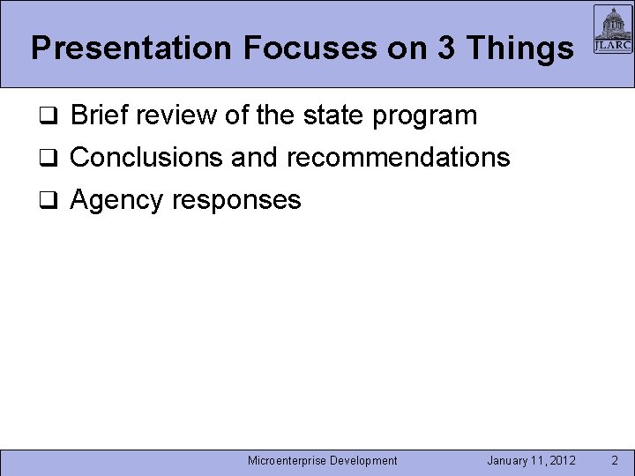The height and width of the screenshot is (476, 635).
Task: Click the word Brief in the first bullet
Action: (99, 115)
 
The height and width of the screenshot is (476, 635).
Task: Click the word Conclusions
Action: (146, 158)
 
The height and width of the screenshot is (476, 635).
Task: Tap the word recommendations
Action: (398, 158)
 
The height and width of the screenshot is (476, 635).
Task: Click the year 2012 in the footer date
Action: (562, 460)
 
